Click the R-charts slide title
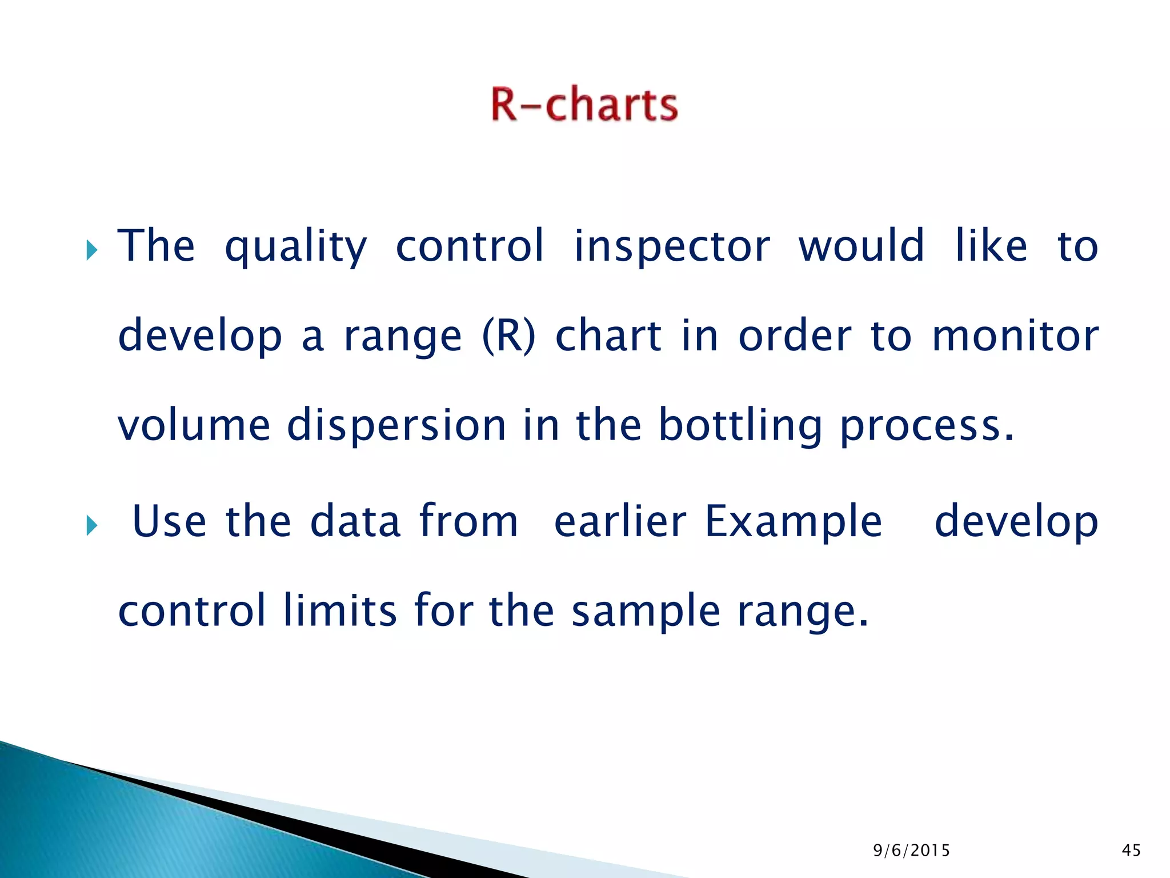click(x=584, y=104)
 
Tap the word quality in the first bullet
click(x=295, y=247)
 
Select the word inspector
click(x=672, y=246)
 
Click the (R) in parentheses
click(x=509, y=336)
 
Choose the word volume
click(x=194, y=425)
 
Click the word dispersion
click(x=396, y=425)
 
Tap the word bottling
click(x=740, y=426)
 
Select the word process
click(x=925, y=426)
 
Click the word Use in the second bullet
click(x=169, y=521)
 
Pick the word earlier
click(x=620, y=521)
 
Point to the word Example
click(x=793, y=522)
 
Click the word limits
click(x=339, y=610)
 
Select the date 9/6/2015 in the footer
click(x=911, y=851)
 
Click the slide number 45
click(x=1131, y=851)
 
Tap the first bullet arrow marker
click(x=92, y=250)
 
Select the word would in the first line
click(x=861, y=246)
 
